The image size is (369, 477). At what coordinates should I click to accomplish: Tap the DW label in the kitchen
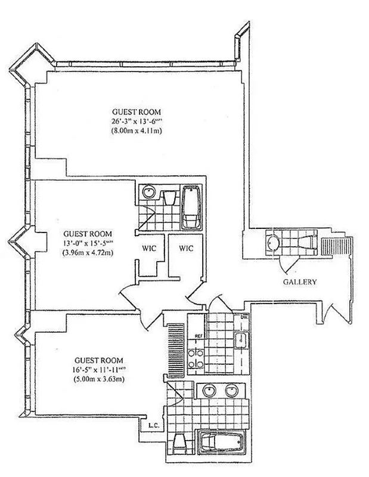click(244, 318)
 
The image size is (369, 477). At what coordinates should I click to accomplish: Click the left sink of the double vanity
click(209, 391)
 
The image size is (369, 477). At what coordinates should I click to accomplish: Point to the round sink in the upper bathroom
click(149, 194)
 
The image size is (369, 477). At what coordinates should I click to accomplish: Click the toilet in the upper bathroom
click(168, 196)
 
